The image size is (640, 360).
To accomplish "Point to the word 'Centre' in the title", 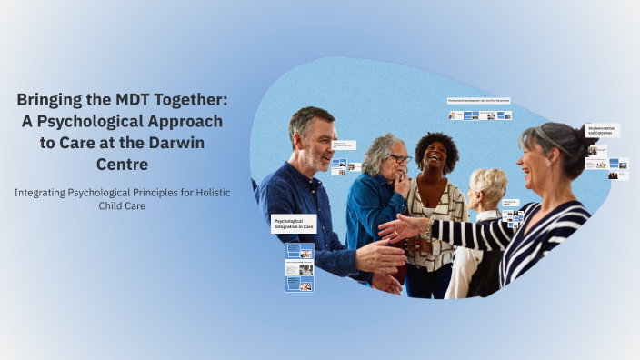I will click(121, 165).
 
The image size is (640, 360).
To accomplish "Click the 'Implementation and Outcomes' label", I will click(602, 131).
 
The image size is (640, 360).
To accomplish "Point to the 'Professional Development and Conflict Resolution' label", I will click(478, 101).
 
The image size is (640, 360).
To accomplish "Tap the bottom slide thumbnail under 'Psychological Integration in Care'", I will click(299, 284).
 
